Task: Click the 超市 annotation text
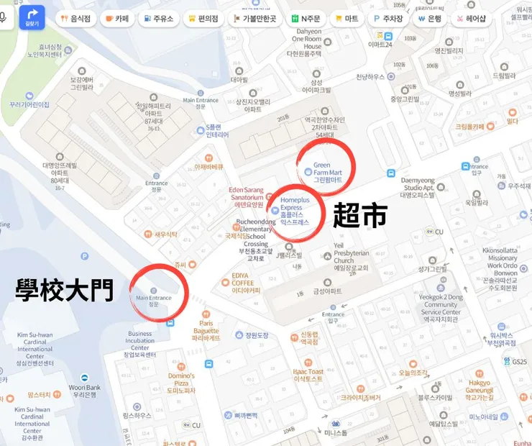coord(359,215)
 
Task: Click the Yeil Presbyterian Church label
coord(351,257)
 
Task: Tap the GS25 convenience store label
coord(510,362)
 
